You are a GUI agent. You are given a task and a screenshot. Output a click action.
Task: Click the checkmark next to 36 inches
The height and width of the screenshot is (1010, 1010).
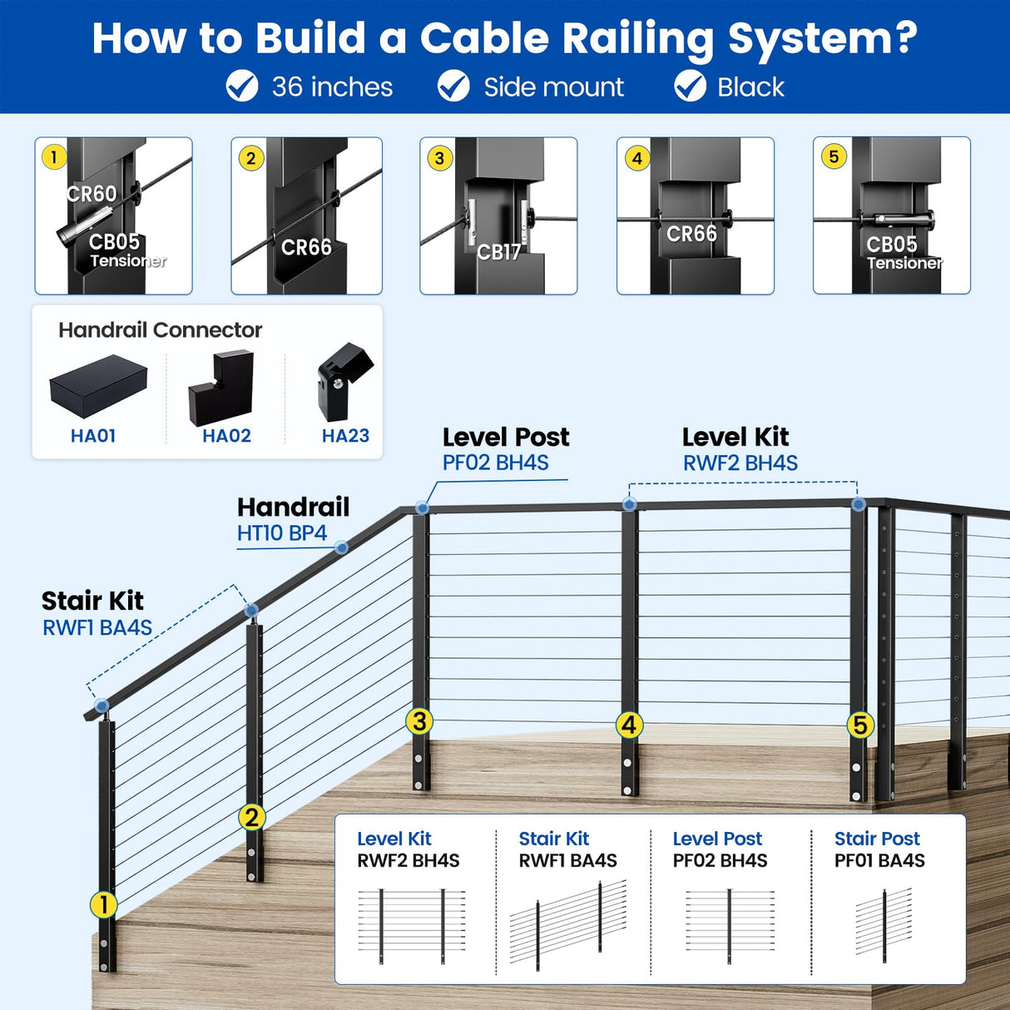point(242,87)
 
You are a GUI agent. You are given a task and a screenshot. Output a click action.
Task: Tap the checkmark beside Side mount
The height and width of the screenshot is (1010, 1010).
point(453,87)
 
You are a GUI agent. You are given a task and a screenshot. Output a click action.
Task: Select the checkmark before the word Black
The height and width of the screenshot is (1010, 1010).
point(690,87)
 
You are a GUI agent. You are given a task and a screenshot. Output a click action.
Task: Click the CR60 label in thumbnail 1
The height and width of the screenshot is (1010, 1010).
point(92,194)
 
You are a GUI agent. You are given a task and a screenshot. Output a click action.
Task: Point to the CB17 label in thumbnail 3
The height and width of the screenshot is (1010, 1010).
point(498,252)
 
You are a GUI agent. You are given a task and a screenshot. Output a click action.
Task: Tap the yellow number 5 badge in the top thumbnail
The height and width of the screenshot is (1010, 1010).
point(834,156)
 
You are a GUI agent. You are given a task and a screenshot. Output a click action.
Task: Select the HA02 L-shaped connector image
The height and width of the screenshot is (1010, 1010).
point(221,388)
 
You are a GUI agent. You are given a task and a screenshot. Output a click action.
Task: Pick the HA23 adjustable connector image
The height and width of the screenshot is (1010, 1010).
point(344,382)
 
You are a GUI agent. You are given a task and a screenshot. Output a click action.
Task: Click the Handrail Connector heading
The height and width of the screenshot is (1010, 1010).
point(160,330)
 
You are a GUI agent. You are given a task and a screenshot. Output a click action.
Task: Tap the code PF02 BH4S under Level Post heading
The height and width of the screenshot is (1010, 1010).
point(495,463)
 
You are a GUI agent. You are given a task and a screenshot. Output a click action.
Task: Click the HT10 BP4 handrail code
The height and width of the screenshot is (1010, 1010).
point(281,533)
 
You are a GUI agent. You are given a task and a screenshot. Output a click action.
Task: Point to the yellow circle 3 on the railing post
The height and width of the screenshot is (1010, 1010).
point(419,721)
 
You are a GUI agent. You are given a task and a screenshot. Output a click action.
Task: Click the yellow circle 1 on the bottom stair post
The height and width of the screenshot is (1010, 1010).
point(103,904)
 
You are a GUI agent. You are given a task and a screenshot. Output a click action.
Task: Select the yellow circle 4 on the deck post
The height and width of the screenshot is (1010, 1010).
point(629,725)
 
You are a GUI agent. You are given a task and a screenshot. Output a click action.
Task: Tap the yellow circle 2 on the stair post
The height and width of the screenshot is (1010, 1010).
point(251,817)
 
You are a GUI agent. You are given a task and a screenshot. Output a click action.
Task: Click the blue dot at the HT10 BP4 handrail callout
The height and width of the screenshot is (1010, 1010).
point(341,547)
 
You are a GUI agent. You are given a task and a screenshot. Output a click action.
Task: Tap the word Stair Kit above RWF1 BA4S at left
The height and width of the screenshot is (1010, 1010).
point(92,601)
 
